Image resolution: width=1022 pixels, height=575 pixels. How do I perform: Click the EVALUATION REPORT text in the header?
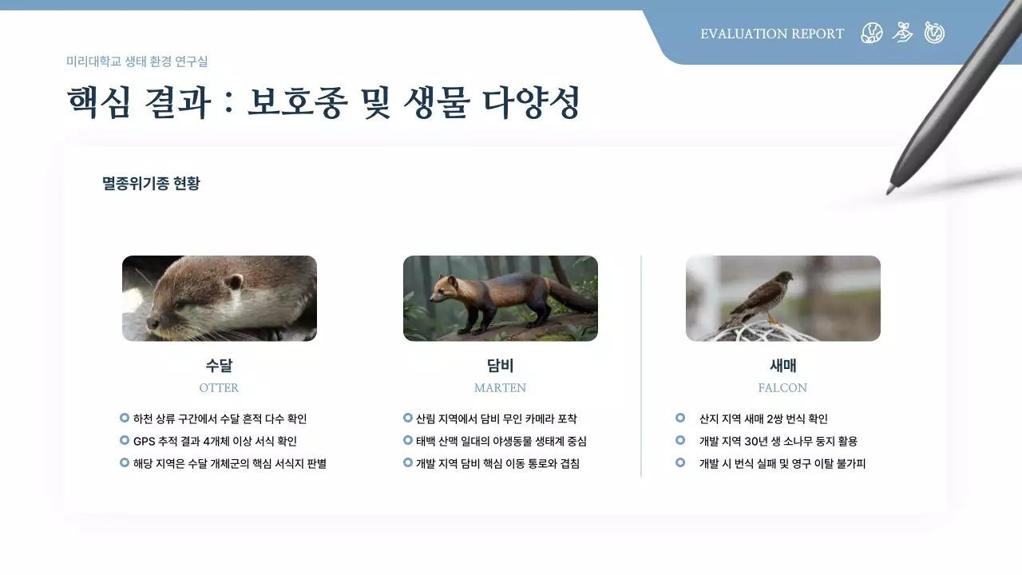click(771, 34)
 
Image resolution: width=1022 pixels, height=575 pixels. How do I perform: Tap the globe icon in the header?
click(872, 33)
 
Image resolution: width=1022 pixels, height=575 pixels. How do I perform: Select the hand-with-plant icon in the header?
click(902, 33)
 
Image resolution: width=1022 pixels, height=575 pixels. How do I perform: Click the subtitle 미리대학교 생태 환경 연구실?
click(137, 61)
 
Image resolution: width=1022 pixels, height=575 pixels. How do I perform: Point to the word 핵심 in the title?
click(98, 103)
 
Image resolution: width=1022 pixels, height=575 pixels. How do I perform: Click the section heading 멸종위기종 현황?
click(151, 184)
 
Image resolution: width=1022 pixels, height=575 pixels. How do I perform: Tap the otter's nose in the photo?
click(151, 321)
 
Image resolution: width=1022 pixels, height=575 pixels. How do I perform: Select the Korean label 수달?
click(219, 366)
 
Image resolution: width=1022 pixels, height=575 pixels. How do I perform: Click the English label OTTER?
click(219, 388)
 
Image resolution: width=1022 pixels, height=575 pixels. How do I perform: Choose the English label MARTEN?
click(500, 388)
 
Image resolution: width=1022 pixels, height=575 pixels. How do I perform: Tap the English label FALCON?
click(782, 388)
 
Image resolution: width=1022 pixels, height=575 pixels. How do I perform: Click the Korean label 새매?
click(782, 366)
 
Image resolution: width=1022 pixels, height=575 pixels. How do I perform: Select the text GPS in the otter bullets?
click(145, 441)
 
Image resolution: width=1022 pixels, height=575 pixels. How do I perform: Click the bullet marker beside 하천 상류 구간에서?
click(125, 418)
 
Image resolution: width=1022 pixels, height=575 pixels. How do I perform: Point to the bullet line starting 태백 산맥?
click(501, 441)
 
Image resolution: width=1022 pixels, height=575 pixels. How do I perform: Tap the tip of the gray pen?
click(889, 191)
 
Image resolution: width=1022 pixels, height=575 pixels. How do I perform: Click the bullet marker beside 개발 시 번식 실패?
click(680, 462)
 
